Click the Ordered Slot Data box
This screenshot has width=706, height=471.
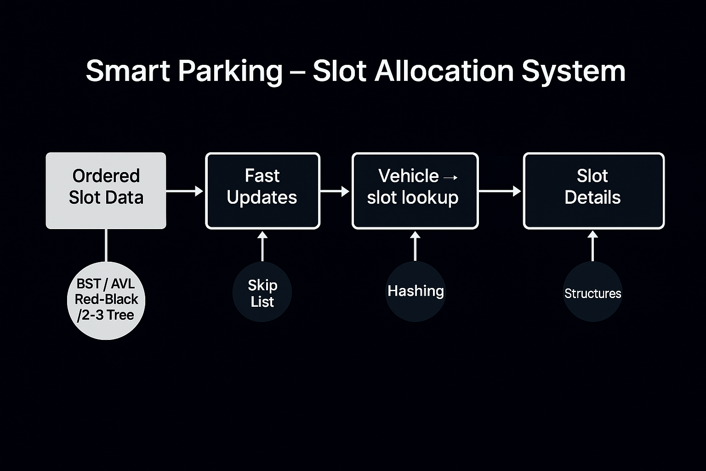(x=106, y=190)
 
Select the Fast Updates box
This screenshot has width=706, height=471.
(x=262, y=190)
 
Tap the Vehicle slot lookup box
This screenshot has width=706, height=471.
(x=415, y=190)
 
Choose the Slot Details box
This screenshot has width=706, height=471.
(x=593, y=190)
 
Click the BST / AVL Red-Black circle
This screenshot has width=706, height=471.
(x=106, y=300)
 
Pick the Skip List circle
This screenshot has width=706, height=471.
(x=262, y=293)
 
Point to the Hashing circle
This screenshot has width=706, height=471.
(x=416, y=291)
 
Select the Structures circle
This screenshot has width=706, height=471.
(x=592, y=293)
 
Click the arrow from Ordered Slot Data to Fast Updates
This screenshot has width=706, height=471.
(x=184, y=190)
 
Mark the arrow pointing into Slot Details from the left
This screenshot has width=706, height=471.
(x=500, y=190)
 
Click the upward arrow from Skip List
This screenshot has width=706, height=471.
(x=262, y=246)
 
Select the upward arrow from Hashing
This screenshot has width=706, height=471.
(x=416, y=246)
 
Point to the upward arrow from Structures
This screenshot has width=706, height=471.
(x=592, y=246)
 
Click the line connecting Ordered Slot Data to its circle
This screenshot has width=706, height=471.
(x=106, y=245)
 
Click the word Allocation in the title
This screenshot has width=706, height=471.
(x=444, y=71)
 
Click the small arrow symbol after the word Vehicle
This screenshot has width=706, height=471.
(x=451, y=177)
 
